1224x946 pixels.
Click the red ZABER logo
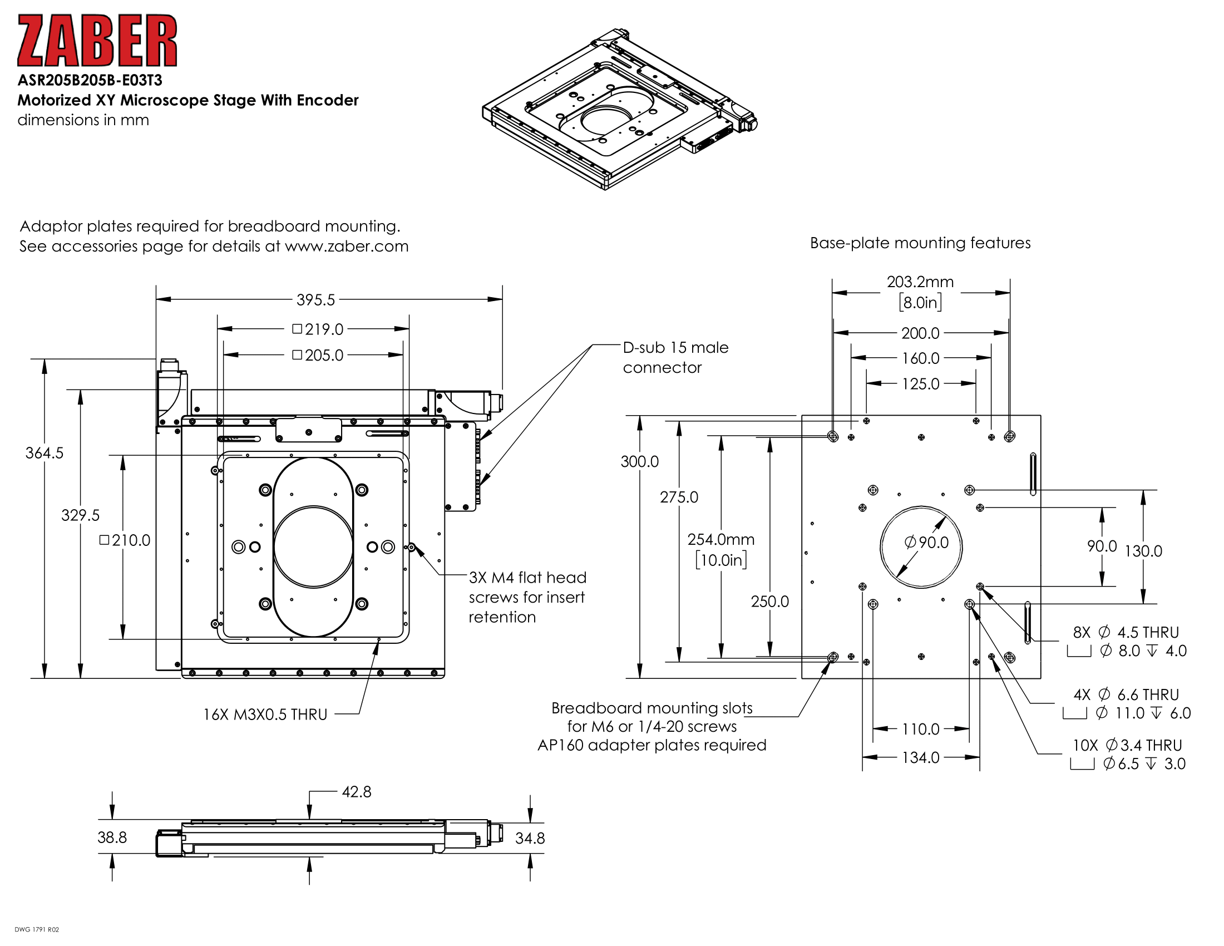[x=97, y=41]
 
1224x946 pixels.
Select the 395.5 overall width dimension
[x=315, y=300]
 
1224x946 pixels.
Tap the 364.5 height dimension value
[x=45, y=453]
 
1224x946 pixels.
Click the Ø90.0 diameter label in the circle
[x=926, y=542]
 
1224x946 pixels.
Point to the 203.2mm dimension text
[x=920, y=282]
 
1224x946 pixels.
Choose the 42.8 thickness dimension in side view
[x=357, y=792]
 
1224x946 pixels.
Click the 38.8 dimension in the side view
[x=112, y=837]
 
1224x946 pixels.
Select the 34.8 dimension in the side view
[x=530, y=838]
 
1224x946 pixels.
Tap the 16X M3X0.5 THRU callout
[x=265, y=715]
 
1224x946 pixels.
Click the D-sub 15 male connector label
[x=675, y=357]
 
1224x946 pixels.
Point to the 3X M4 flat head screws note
[x=527, y=597]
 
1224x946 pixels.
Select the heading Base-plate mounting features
[x=920, y=243]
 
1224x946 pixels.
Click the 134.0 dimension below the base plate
[x=920, y=758]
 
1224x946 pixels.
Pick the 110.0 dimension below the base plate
[x=920, y=729]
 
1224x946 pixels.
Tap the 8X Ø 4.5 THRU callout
[x=1126, y=632]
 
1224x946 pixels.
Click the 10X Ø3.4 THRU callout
[x=1127, y=745]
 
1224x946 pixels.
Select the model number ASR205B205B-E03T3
[x=90, y=80]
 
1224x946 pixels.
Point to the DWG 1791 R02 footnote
[x=36, y=929]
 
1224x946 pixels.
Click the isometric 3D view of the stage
[x=619, y=109]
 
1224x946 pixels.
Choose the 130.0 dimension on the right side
[x=1143, y=551]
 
